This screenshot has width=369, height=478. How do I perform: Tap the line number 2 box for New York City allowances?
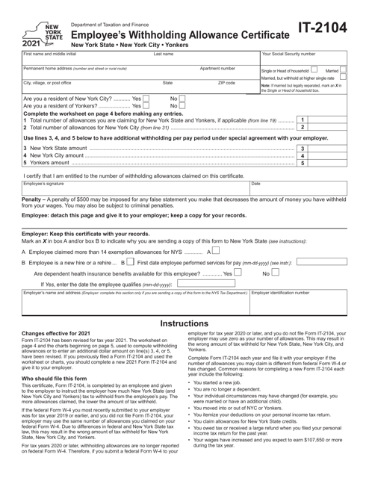(x=302, y=128)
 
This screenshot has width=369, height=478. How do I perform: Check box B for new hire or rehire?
(x=128, y=263)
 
